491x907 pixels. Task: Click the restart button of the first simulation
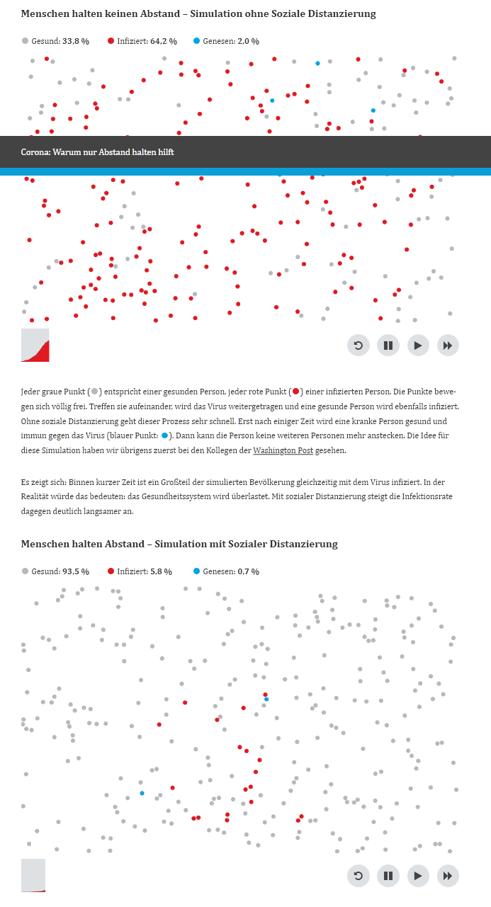pos(358,346)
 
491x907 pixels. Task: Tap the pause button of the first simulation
pos(388,346)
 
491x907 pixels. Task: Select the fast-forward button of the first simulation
pos(447,346)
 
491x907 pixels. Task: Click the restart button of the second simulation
pos(358,876)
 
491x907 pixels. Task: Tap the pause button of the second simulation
pos(388,876)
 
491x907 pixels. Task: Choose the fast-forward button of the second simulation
pos(447,876)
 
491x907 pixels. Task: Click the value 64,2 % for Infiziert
pos(163,41)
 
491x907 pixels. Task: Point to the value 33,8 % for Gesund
pos(76,41)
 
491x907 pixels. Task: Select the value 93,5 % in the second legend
pos(76,571)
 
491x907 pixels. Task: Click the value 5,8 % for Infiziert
pos(161,571)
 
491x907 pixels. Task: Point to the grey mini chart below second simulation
pos(33,875)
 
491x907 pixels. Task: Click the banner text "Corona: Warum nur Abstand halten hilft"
pos(97,152)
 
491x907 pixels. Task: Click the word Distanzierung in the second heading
pos(298,544)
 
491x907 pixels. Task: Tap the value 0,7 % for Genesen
pos(248,571)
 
